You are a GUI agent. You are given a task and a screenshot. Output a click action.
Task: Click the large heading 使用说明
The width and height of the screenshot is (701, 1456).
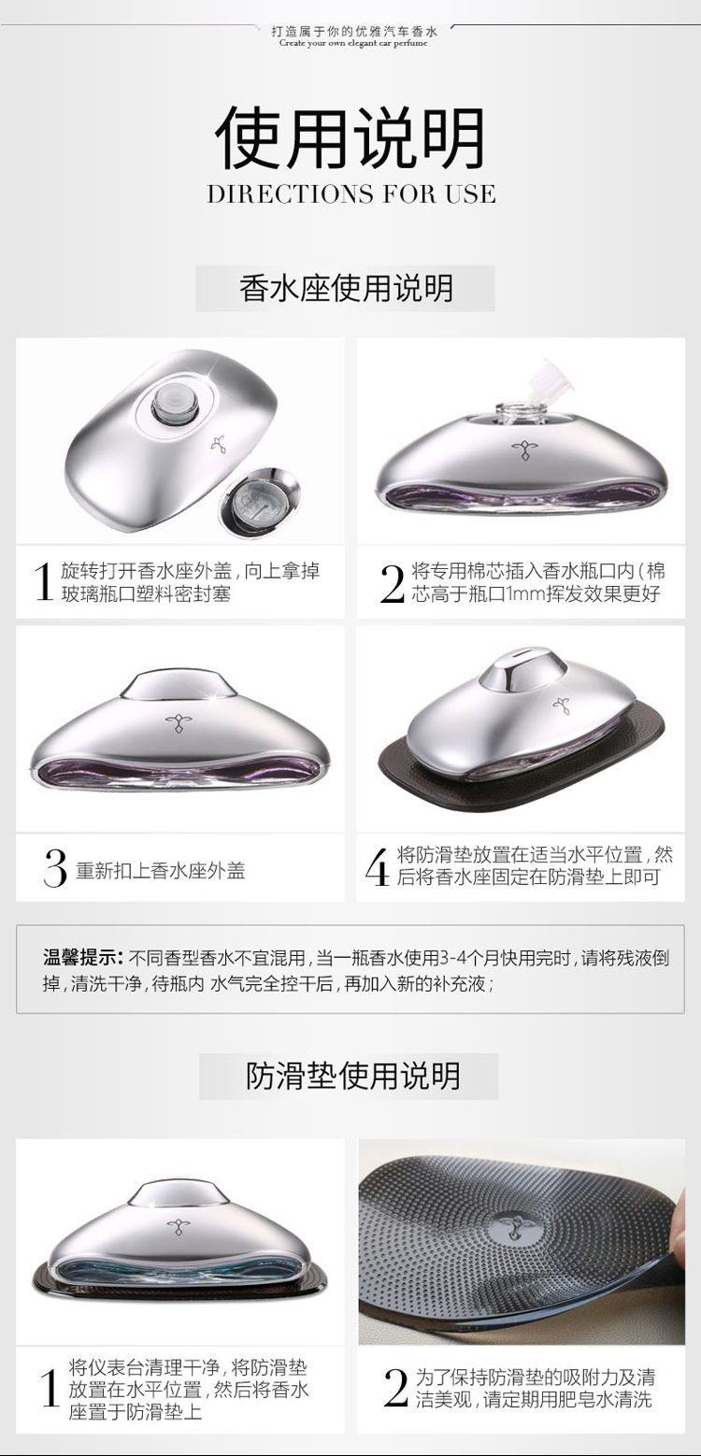[350, 137]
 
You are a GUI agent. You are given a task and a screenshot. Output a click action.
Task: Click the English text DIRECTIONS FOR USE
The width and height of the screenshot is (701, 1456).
[351, 194]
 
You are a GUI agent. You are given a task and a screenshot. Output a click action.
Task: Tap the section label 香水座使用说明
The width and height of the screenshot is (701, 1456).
[346, 288]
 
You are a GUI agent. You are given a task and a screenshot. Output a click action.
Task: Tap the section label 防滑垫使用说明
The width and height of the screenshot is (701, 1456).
[352, 1076]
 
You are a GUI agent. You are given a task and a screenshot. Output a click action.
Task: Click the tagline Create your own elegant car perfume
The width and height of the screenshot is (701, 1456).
[353, 44]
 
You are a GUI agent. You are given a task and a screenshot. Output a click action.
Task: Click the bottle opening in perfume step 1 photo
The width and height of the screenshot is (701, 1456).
[170, 401]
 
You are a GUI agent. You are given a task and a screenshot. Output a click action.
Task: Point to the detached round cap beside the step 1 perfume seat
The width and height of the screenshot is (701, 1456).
[259, 496]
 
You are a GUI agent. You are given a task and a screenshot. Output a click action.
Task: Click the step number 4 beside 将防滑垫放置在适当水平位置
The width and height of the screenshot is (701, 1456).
[377, 867]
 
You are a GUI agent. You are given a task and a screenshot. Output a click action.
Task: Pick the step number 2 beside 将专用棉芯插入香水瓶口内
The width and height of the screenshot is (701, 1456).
[393, 584]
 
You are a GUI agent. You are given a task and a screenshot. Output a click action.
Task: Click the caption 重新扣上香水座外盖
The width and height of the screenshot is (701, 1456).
[161, 870]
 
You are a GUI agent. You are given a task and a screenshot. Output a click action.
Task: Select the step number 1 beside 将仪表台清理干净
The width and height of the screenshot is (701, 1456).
[50, 1388]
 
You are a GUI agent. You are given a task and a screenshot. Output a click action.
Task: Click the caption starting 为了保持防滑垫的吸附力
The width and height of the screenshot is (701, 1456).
[536, 1388]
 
